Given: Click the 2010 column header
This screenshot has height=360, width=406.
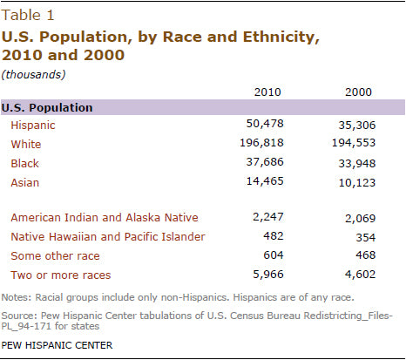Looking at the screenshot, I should pos(266,92).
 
